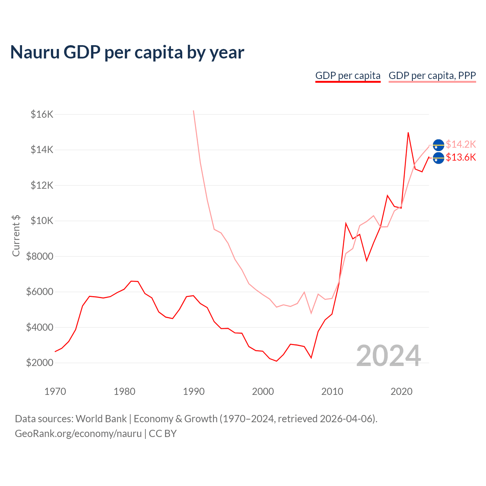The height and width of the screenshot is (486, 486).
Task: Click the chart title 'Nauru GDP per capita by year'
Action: point(127,52)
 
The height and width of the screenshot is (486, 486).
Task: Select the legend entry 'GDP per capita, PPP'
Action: point(432,76)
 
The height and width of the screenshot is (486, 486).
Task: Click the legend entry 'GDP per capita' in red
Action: point(348,76)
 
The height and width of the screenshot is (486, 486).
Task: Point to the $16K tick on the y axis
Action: point(42,114)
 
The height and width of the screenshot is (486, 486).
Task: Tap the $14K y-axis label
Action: point(42,150)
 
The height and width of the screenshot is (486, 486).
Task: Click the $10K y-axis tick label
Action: point(42,221)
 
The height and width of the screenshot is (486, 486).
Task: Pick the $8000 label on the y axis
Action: point(40,256)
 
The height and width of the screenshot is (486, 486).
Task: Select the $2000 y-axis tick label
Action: point(40,363)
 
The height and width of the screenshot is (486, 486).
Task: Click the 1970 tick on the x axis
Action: point(55,391)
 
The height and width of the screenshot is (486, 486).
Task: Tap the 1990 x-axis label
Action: point(194,391)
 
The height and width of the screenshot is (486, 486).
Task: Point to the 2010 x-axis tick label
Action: point(332,391)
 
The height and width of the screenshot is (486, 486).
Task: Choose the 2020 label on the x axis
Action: point(401,391)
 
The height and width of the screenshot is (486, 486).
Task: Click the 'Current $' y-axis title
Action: point(16,235)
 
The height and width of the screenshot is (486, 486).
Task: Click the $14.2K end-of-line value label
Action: point(461,144)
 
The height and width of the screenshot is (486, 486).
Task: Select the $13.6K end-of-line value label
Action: point(461,157)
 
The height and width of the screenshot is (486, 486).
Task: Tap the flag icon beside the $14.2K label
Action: point(439,145)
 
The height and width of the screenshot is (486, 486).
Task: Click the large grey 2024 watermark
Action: point(388,356)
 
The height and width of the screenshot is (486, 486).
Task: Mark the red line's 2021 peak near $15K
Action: point(408,133)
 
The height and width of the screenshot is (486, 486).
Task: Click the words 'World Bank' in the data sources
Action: point(101,419)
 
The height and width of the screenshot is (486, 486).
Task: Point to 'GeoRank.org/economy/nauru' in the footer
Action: point(78,434)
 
